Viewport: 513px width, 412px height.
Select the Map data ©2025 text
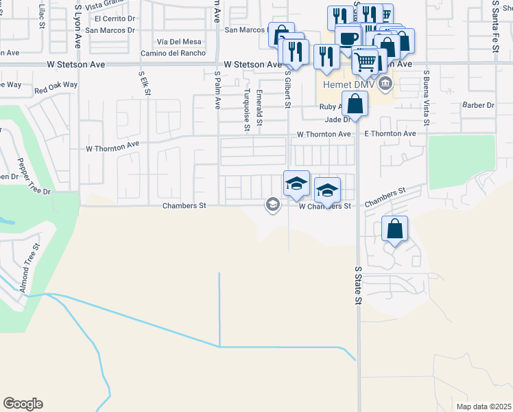pyautogui.click(x=484, y=407)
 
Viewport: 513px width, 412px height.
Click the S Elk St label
pyautogui.click(x=144, y=88)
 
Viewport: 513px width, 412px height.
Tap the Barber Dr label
pyautogui.click(x=477, y=105)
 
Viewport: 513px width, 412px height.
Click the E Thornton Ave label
pyautogui.click(x=390, y=133)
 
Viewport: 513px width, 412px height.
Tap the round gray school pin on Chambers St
pyautogui.click(x=273, y=205)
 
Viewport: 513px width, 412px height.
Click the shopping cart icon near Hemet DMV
pyautogui.click(x=366, y=62)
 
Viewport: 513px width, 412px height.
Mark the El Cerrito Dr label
pyautogui.click(x=117, y=19)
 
